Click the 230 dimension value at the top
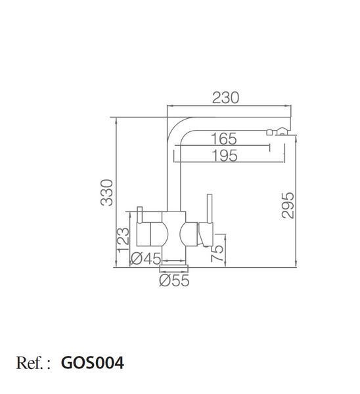[x=225, y=98]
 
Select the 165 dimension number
[x=223, y=139]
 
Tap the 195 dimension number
[x=225, y=156]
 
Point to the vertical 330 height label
[x=107, y=192]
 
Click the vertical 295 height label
[x=287, y=206]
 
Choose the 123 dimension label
[x=123, y=239]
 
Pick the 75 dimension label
[x=217, y=253]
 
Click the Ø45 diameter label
[x=146, y=258]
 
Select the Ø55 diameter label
[x=174, y=280]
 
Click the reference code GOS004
[x=93, y=363]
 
